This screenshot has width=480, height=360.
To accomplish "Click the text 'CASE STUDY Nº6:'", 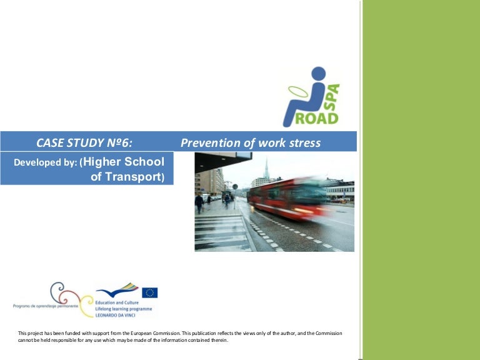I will point(84,143).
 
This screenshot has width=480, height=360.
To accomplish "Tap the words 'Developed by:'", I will point(46,162).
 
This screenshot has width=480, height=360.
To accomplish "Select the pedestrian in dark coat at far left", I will point(199,201).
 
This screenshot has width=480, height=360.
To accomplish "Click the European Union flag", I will point(149,292).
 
